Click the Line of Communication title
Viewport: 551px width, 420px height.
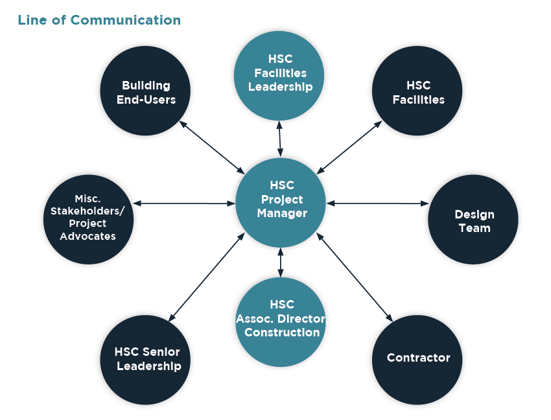click(99, 20)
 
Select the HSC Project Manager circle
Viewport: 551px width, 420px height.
click(280, 202)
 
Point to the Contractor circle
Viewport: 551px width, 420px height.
click(418, 359)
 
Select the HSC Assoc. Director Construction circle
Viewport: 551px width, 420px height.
click(280, 321)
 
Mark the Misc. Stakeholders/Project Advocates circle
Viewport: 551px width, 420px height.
click(89, 219)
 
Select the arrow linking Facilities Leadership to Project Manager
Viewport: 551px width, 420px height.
click(280, 139)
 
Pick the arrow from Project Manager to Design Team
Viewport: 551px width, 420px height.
click(378, 204)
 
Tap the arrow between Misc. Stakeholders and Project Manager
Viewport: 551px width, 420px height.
click(184, 204)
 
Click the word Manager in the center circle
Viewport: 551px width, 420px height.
click(282, 213)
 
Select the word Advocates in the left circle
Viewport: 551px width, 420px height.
click(88, 237)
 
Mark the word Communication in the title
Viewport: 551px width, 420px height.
click(126, 20)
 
